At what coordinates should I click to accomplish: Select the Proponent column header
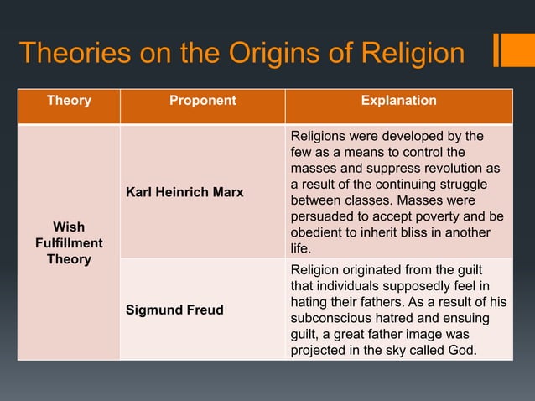[202, 101]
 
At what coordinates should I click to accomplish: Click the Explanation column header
[398, 101]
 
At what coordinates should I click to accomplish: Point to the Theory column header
[69, 101]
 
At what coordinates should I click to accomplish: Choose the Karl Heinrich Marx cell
[184, 193]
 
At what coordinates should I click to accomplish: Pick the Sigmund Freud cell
[174, 310]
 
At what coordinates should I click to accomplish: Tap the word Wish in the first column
[69, 227]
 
